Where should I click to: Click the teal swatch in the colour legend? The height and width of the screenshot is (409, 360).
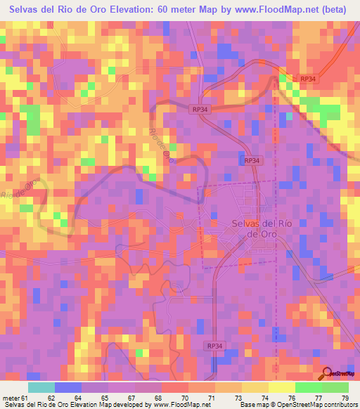[42, 387]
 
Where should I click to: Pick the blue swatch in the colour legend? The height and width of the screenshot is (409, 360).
[68, 387]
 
